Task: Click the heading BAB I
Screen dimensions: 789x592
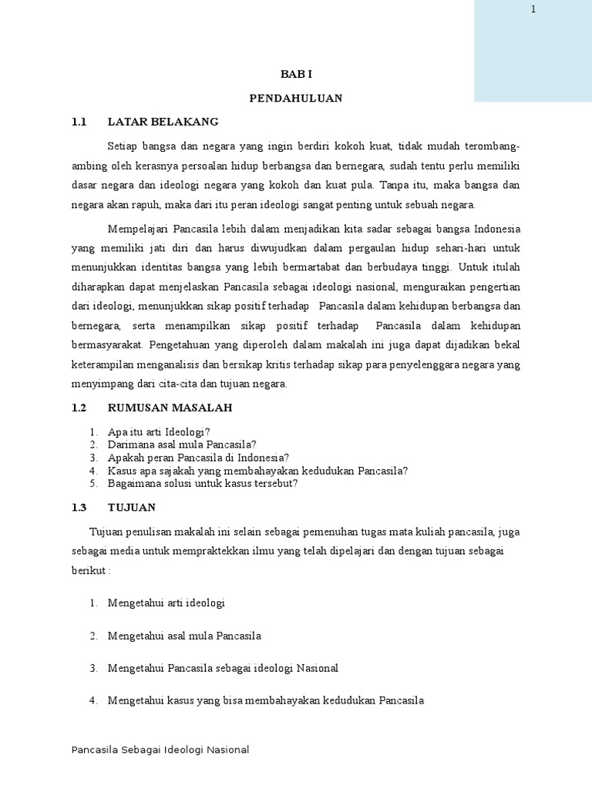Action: click(x=295, y=74)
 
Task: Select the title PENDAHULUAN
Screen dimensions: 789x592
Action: click(x=296, y=98)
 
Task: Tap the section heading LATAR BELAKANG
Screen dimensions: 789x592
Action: click(x=163, y=122)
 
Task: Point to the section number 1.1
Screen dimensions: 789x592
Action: click(x=79, y=122)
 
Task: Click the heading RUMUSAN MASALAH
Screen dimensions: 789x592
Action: click(x=170, y=407)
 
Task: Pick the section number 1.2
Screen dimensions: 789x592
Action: click(x=80, y=407)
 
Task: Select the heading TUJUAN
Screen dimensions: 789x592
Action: click(x=132, y=507)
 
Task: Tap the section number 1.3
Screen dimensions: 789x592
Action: click(x=80, y=507)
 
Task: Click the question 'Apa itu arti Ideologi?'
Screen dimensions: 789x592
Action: click(x=159, y=431)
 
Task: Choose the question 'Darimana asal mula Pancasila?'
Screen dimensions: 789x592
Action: click(x=182, y=445)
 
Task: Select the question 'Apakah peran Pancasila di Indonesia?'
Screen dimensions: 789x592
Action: click(x=198, y=458)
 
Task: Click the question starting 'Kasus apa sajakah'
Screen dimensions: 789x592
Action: click(x=257, y=471)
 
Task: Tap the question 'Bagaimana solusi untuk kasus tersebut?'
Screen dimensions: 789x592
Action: click(x=203, y=484)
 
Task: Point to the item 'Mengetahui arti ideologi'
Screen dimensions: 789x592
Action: click(x=166, y=603)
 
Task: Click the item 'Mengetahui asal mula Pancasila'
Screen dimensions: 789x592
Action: click(x=185, y=636)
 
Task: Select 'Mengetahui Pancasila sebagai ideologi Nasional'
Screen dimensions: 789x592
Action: click(x=223, y=668)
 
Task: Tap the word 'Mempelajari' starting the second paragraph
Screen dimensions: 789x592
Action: click(x=139, y=229)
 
